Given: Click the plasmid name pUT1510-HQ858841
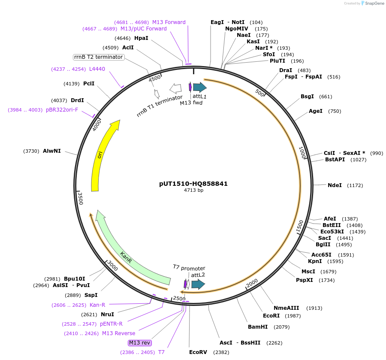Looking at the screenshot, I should click(x=193, y=184).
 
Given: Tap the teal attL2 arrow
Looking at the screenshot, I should click(x=198, y=284).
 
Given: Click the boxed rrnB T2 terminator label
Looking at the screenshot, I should click(x=99, y=57).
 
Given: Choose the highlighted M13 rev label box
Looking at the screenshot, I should click(x=140, y=342).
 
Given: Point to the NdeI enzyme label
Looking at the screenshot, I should click(x=335, y=185).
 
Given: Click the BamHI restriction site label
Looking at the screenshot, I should click(x=257, y=327).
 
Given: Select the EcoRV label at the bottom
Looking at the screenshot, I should click(x=198, y=352).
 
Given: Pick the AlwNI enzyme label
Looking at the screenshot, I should click(x=52, y=151).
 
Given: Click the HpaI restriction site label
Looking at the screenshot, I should click(x=141, y=38).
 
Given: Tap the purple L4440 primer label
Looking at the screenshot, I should click(x=97, y=69).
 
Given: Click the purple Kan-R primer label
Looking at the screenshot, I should click(x=97, y=305).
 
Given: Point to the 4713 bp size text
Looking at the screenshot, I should click(x=193, y=190).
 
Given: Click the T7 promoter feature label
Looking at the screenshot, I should click(x=189, y=268).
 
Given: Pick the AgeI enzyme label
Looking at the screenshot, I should click(x=315, y=111).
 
